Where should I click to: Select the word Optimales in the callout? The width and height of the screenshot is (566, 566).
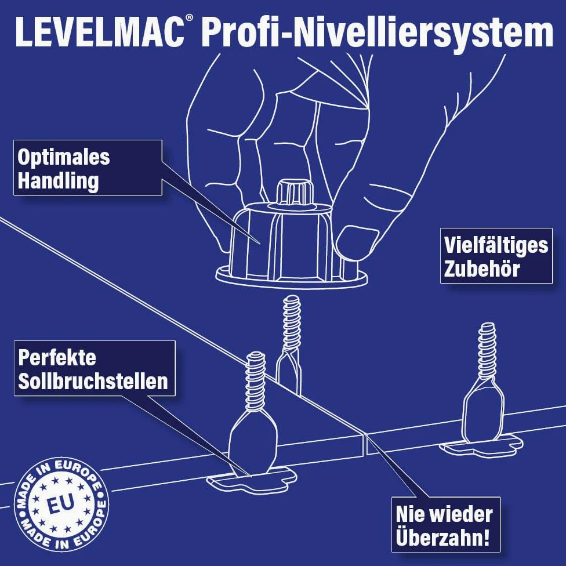[x=64, y=157]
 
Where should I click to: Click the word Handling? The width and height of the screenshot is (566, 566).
[x=58, y=180]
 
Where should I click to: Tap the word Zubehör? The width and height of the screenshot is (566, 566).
[x=481, y=269]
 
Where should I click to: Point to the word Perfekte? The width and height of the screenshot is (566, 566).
[x=57, y=357]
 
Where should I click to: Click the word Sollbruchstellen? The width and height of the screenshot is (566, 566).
[x=93, y=381]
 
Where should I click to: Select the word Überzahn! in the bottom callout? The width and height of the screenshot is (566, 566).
[x=442, y=537]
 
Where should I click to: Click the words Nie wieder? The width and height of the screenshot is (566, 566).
[x=444, y=514]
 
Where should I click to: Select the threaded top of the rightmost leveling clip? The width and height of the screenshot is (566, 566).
[x=487, y=350]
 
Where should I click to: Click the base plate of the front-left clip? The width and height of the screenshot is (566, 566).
[x=252, y=481]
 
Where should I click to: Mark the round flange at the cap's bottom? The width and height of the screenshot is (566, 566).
[x=292, y=278]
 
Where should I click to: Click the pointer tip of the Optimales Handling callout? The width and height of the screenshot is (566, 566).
[x=260, y=244]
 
